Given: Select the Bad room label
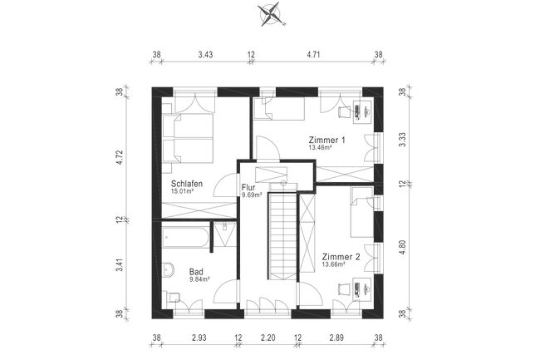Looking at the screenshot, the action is [196, 271].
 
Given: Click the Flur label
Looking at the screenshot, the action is [248, 188].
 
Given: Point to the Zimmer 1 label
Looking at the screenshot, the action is [326, 141].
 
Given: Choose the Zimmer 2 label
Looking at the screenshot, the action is [341, 257].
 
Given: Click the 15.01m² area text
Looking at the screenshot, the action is [182, 190].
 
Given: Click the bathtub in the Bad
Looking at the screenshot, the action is [185, 237].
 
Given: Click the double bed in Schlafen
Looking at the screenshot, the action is [188, 138].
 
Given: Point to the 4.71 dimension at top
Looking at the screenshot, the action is [313, 54].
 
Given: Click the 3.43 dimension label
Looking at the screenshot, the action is [205, 54].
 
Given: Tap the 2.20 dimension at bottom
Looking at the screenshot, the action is [268, 338].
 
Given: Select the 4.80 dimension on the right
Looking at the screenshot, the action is [402, 248].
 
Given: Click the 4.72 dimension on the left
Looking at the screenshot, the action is [120, 157].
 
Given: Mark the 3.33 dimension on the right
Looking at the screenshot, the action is [402, 140].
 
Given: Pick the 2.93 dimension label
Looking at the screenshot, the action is [199, 338].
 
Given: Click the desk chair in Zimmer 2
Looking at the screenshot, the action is [344, 288].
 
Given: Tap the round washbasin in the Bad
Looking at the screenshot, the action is [168, 269].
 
